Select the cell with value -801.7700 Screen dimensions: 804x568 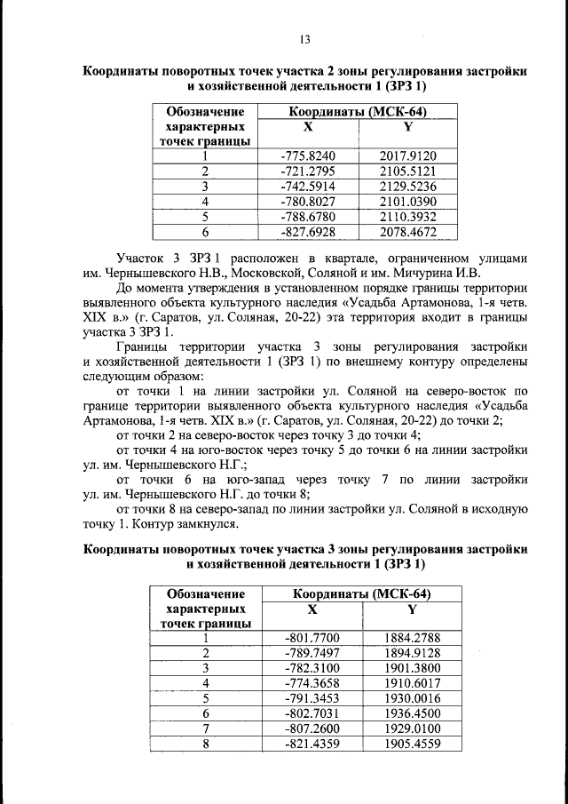(312, 637)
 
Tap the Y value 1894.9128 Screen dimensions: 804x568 (412, 652)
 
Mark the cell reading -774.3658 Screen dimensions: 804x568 (312, 682)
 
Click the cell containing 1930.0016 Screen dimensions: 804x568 (412, 697)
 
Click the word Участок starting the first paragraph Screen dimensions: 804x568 (145, 257)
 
